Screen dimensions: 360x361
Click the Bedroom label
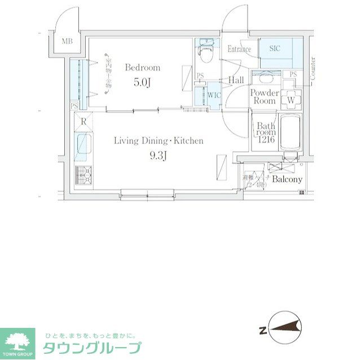pos(143,68)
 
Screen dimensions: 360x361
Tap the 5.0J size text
pos(143,82)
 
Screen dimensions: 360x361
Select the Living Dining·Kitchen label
pos(159,141)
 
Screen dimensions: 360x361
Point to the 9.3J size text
pos(159,155)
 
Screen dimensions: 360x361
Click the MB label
pos(67,41)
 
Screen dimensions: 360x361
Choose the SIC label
pos(275,49)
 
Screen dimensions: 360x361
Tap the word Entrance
pos(239,50)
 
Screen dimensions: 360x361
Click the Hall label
pos(236,81)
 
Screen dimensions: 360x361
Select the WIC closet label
pos(214,95)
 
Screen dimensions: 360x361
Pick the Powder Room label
pos(265,97)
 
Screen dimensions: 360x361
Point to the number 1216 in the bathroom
pos(266,140)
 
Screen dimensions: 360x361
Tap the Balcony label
pos(287,180)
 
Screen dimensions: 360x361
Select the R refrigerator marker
pos(83,122)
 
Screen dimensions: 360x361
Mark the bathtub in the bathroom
pos(291,132)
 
